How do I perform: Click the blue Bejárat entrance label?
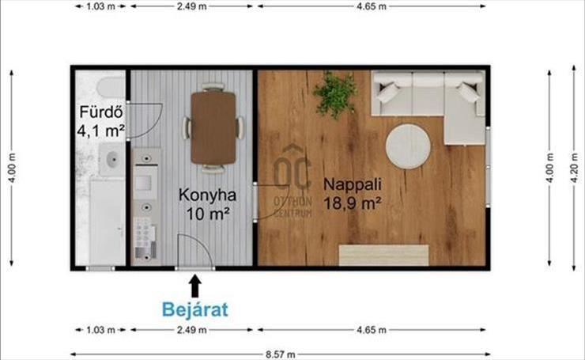point(194,309)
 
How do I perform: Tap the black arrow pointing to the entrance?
point(195,286)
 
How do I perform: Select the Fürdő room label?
point(101,112)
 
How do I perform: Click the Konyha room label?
point(207,195)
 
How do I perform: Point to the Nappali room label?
point(353,184)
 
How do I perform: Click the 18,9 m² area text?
point(353,203)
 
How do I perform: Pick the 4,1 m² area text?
point(100,131)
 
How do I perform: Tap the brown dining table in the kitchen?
point(213,127)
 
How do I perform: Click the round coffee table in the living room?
point(408,146)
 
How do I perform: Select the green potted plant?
point(335,95)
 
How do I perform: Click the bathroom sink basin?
point(112,160)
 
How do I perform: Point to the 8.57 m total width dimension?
point(281,354)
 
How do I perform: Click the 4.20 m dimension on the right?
point(575,168)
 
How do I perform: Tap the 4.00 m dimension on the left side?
point(12,168)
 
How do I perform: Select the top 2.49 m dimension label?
point(192,6)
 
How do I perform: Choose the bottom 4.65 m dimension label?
point(372,330)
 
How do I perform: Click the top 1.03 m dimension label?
point(100,6)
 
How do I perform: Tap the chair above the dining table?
point(213,87)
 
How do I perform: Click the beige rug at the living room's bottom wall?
point(383,256)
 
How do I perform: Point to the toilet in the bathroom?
point(111,88)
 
